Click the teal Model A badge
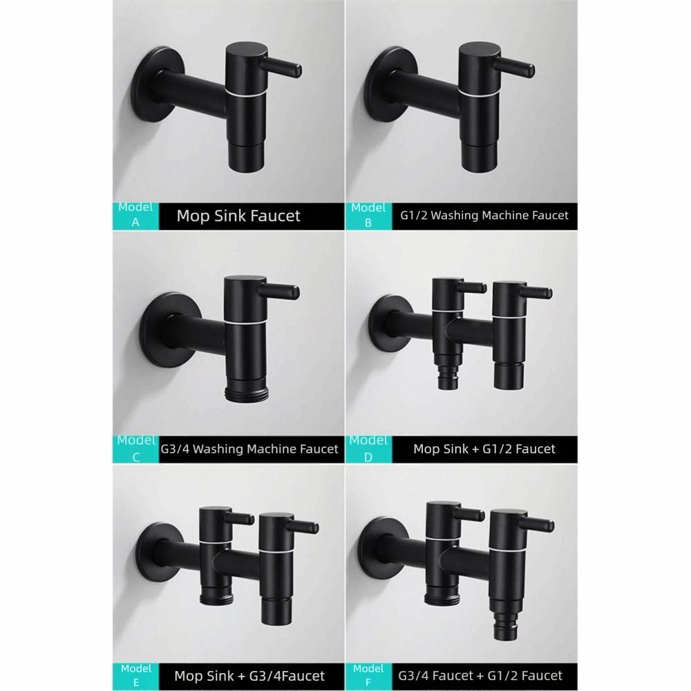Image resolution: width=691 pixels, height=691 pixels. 135,215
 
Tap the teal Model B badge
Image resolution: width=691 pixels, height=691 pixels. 368,215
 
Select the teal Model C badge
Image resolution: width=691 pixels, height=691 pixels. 135,448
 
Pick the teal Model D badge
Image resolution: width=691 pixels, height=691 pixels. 368,448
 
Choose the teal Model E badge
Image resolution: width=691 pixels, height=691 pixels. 135,674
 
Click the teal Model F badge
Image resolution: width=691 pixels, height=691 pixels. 368,674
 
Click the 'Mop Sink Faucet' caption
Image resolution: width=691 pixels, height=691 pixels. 238,216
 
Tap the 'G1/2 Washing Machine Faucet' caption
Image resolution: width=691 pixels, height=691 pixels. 484,216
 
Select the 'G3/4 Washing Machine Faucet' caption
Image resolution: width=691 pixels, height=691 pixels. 249,449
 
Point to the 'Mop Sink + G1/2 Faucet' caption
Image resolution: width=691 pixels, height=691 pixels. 484,449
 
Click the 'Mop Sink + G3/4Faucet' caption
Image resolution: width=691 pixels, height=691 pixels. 249,675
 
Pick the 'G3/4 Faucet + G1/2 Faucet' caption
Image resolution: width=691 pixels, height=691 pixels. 480,675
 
